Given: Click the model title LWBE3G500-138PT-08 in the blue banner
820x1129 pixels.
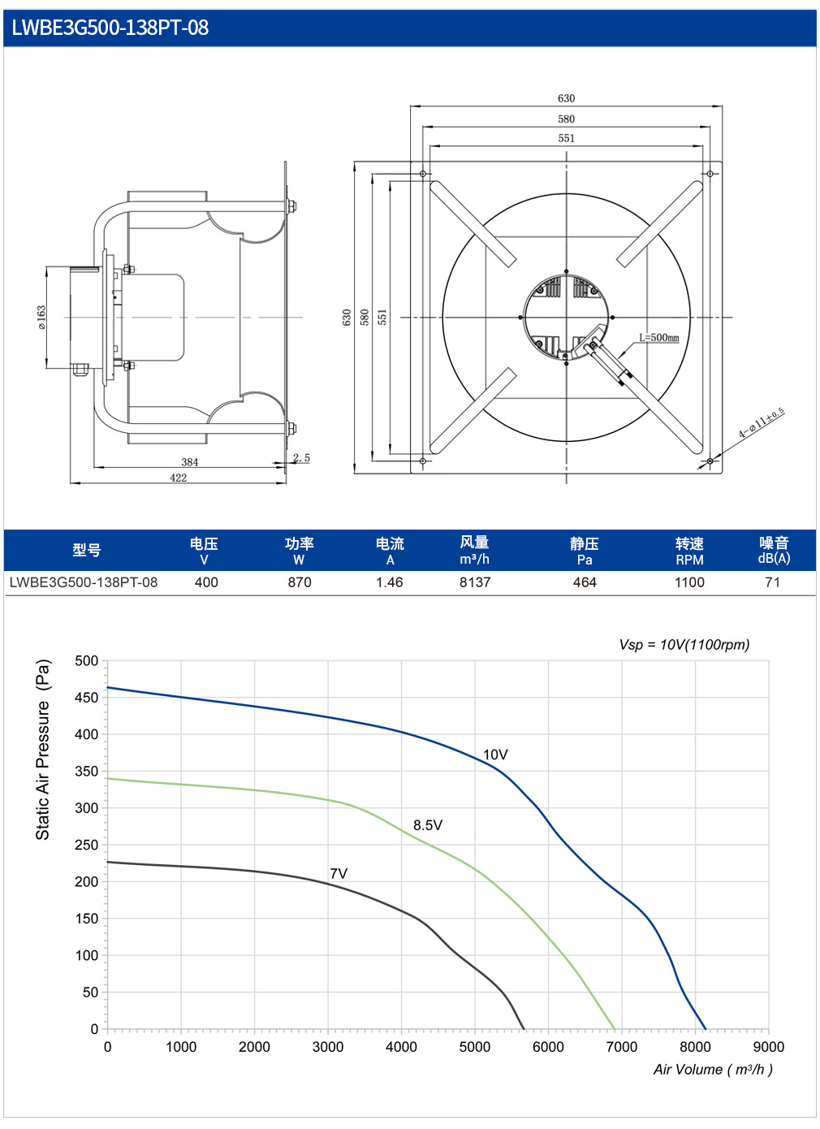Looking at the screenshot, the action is pos(110,28).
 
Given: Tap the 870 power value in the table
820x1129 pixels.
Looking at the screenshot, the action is pos(300,582).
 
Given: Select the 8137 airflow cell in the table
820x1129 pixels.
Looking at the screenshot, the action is pos(474,582).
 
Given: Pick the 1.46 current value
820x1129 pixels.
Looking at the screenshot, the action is pos(390,582).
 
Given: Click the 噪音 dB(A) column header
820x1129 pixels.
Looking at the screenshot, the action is pos(774,551).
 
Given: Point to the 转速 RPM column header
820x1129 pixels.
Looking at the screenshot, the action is pos(689,551).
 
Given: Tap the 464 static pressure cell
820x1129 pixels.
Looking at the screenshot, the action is pos(585,582).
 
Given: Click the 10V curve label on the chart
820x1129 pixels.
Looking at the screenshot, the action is pos(495,755).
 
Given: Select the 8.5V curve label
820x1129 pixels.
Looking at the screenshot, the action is pos(428,825).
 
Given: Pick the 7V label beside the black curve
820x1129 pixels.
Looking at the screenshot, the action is pos(339,873).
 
